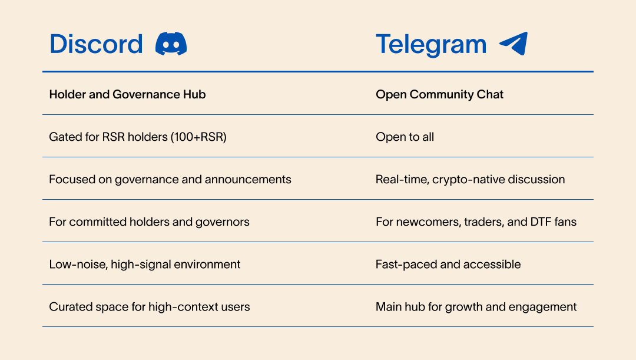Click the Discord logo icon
pos(171,44)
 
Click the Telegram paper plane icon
pos(514,44)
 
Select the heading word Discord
pos(96,44)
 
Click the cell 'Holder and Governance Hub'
pos(127,94)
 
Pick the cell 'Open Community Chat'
pos(439,94)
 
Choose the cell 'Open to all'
pos(405,137)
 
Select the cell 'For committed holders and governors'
pos(149,222)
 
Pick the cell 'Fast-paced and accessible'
pos(448,265)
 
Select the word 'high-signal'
pos(140,265)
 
